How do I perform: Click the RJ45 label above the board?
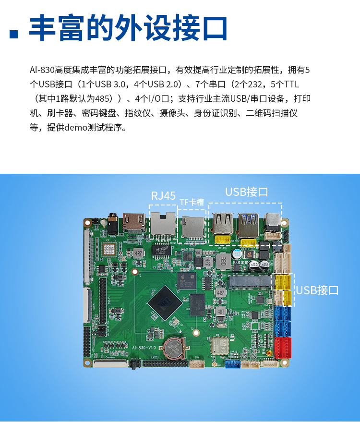click(x=163, y=196)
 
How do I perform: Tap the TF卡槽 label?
click(x=192, y=202)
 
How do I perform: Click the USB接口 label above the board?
click(x=246, y=192)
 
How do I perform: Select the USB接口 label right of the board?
click(x=317, y=290)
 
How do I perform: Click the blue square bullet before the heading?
click(x=14, y=34)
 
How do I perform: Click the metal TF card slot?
click(x=192, y=227)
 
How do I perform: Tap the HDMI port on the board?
click(x=134, y=222)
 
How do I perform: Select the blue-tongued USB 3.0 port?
click(x=248, y=225)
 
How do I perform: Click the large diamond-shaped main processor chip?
click(x=165, y=303)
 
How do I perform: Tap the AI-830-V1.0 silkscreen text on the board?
click(x=144, y=348)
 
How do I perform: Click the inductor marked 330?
click(x=223, y=261)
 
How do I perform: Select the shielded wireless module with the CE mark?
click(x=219, y=346)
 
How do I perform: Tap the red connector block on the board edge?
click(x=283, y=348)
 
